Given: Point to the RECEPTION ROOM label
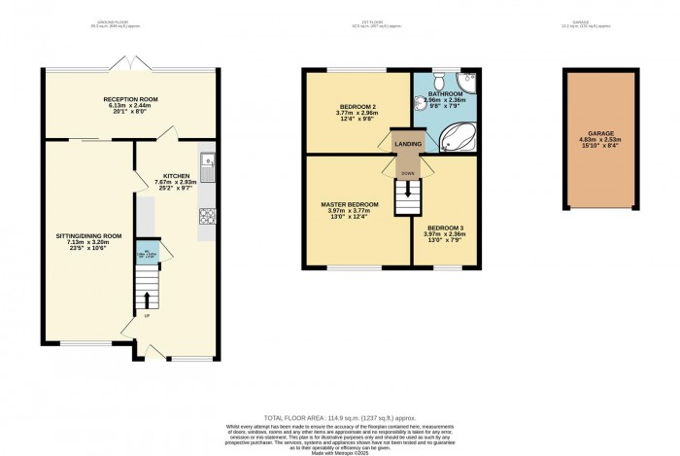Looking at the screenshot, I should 131,99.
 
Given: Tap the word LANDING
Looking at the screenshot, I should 408,144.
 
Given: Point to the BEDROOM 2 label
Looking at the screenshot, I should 357,105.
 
